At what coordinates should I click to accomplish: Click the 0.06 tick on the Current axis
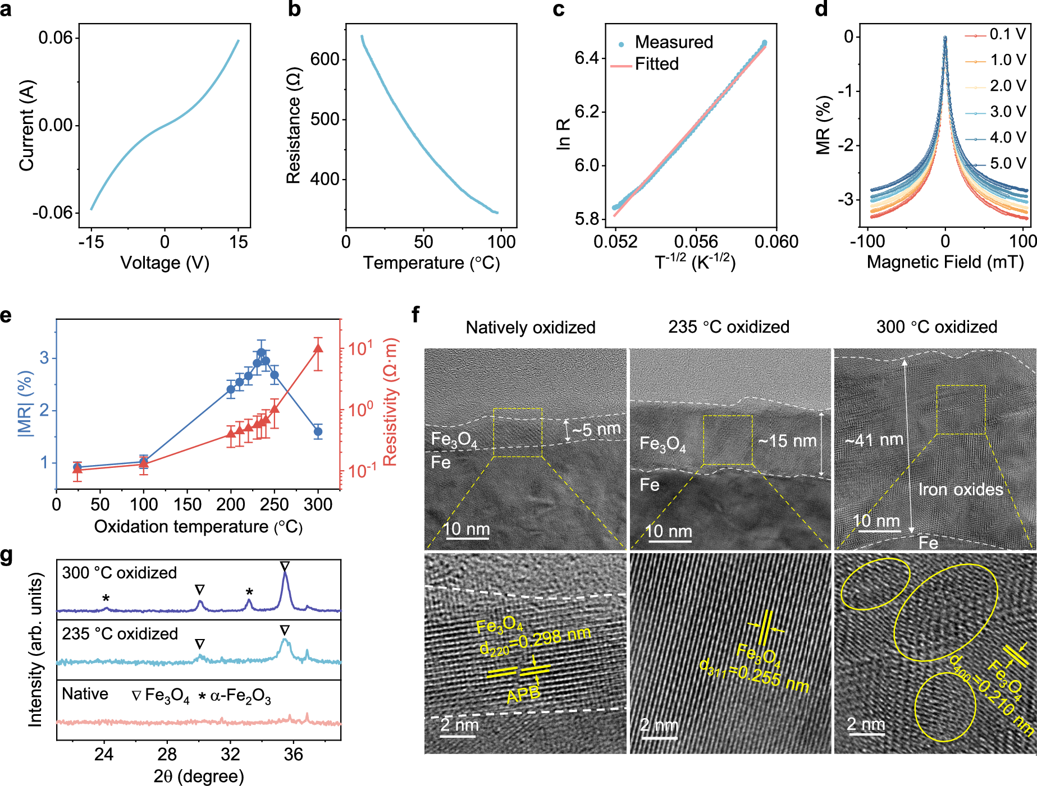point(56,38)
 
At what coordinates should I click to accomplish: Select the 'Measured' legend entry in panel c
point(673,42)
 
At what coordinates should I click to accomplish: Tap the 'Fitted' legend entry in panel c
point(656,64)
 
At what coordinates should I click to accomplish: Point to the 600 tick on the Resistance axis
point(325,59)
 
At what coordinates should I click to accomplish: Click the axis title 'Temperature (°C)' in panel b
point(431,263)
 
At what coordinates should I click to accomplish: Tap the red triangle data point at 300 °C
point(318,348)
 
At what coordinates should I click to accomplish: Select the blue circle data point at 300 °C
point(318,431)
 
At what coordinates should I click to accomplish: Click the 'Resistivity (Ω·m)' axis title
point(390,402)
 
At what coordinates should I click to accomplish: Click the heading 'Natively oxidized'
point(531,327)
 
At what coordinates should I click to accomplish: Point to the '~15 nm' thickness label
point(788,442)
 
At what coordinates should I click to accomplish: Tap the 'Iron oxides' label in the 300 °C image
point(960,490)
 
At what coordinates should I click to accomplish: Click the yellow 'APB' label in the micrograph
point(523,695)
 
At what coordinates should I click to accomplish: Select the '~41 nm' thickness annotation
point(874,440)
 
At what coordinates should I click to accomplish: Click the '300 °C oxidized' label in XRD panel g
point(119,573)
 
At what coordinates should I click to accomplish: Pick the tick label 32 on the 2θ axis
point(230,754)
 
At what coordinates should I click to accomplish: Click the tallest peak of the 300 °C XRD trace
point(285,573)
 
